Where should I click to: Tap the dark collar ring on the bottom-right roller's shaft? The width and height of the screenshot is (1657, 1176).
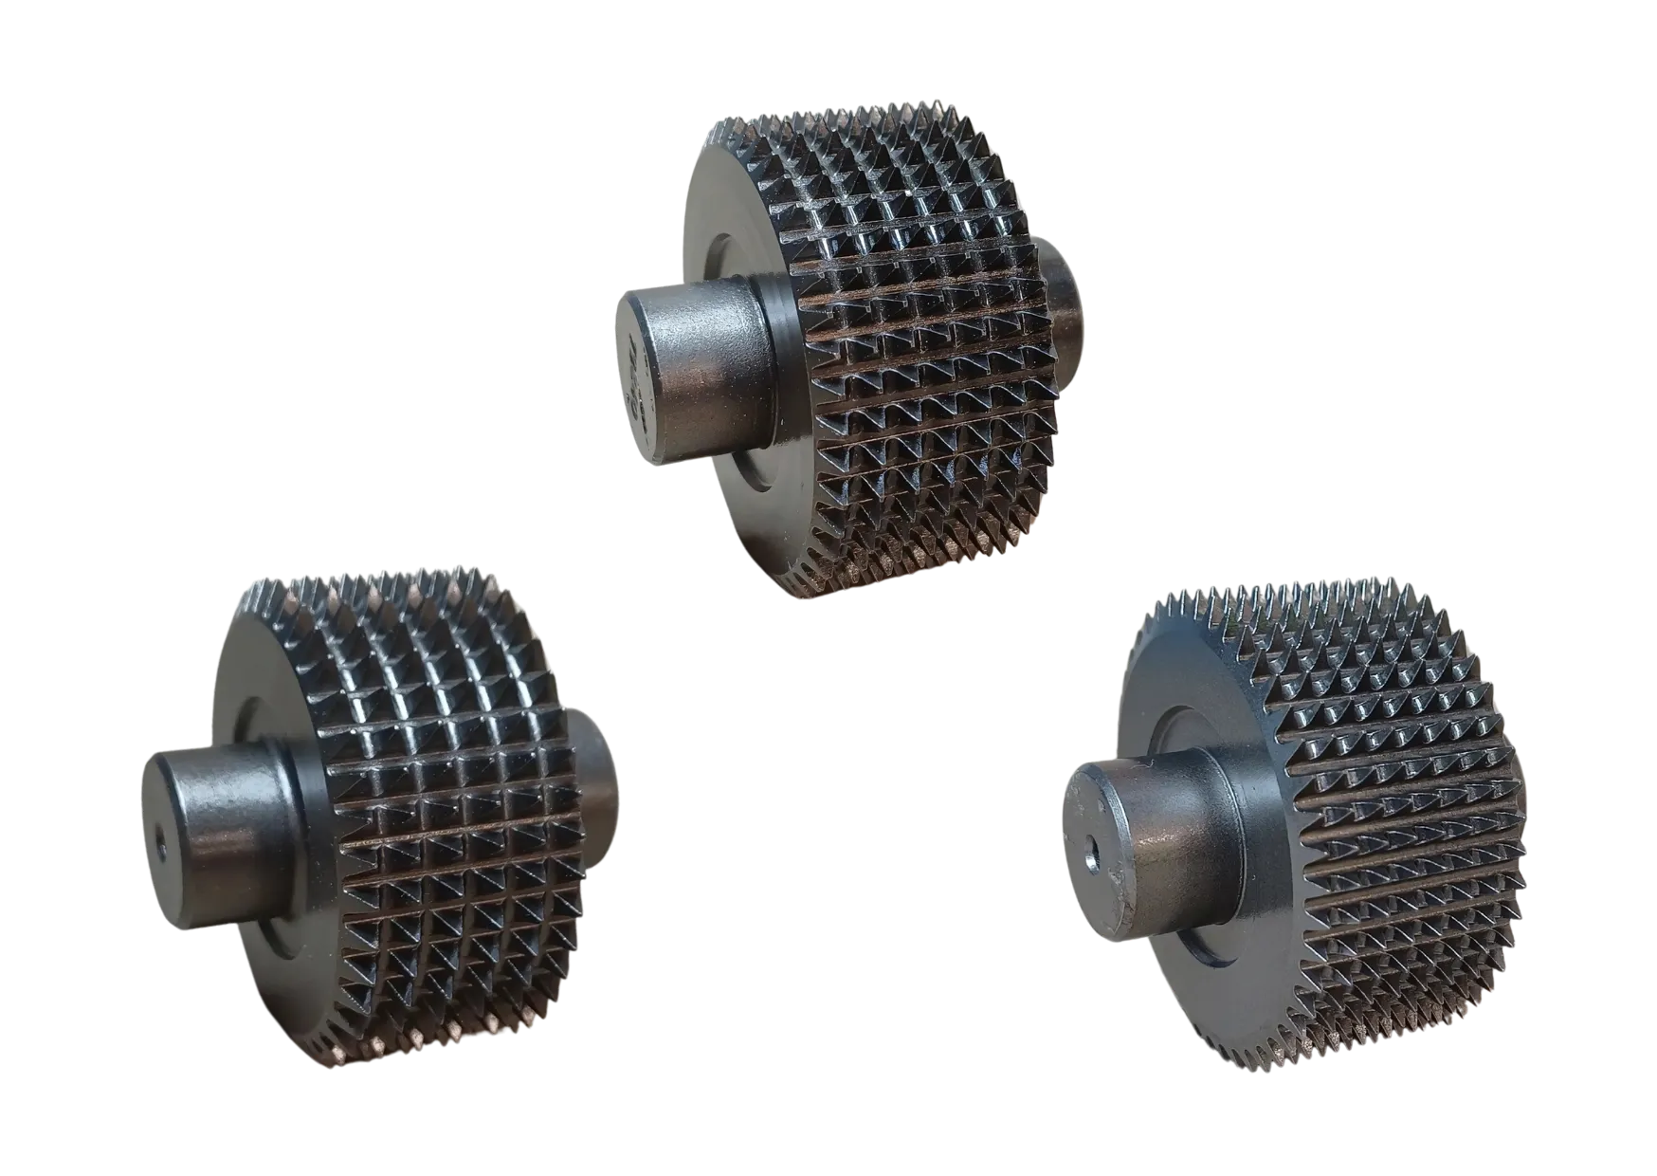1232,835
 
